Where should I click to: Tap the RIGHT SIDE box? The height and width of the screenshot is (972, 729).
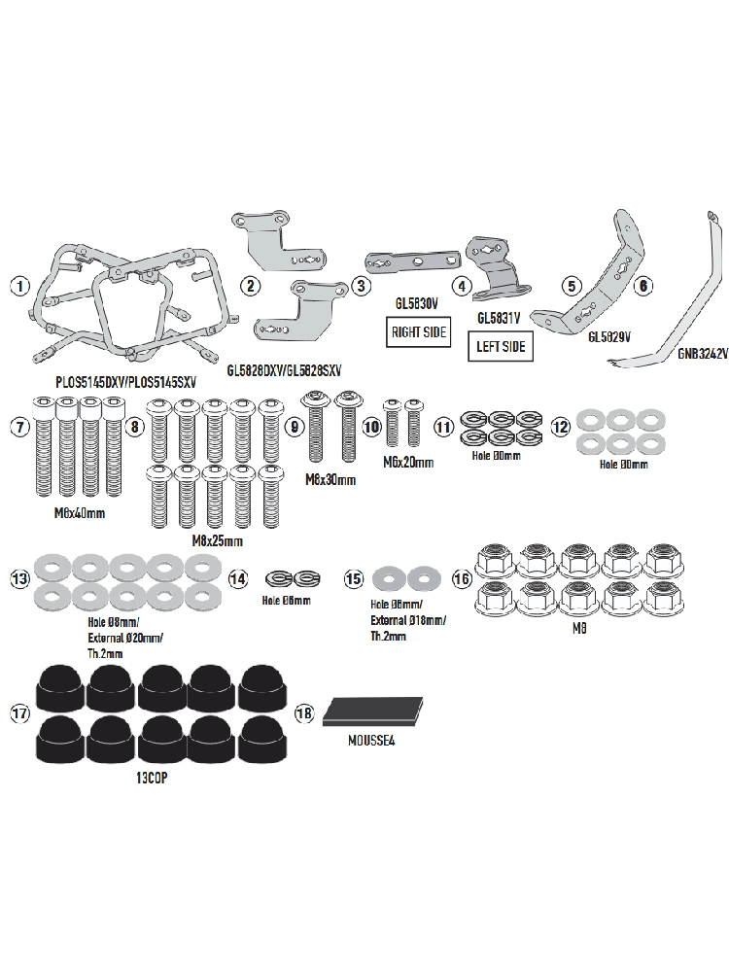[x=420, y=331]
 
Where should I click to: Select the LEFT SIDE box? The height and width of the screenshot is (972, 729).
[x=501, y=345]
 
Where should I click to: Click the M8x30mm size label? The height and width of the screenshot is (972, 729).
[x=332, y=480]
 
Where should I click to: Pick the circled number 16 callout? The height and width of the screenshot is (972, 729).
[x=461, y=579]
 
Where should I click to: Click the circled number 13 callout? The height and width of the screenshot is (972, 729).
[x=17, y=579]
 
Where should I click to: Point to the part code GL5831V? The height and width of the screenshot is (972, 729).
[x=500, y=318]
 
